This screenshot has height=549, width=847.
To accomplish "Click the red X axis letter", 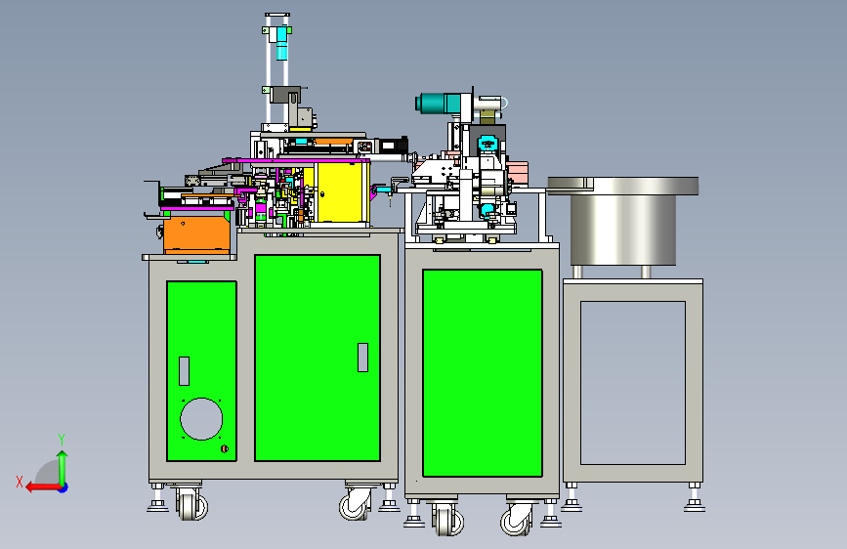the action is pyautogui.click(x=20, y=482).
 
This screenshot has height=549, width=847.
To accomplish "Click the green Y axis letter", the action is pyautogui.click(x=62, y=440).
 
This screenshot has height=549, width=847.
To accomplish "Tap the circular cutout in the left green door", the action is pyautogui.click(x=201, y=419).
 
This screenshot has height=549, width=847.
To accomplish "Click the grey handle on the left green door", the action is pyautogui.click(x=185, y=370).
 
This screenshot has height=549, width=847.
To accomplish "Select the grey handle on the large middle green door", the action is pyautogui.click(x=363, y=358).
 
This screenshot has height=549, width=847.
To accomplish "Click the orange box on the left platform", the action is pyautogui.click(x=196, y=234).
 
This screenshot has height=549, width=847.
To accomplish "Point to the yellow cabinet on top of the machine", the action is pyautogui.click(x=341, y=191).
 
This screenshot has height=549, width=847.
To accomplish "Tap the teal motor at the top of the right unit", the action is pyautogui.click(x=439, y=104).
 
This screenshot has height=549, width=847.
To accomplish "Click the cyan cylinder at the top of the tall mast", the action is pyautogui.click(x=281, y=43).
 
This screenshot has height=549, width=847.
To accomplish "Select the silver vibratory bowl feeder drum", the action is pyautogui.click(x=623, y=222).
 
